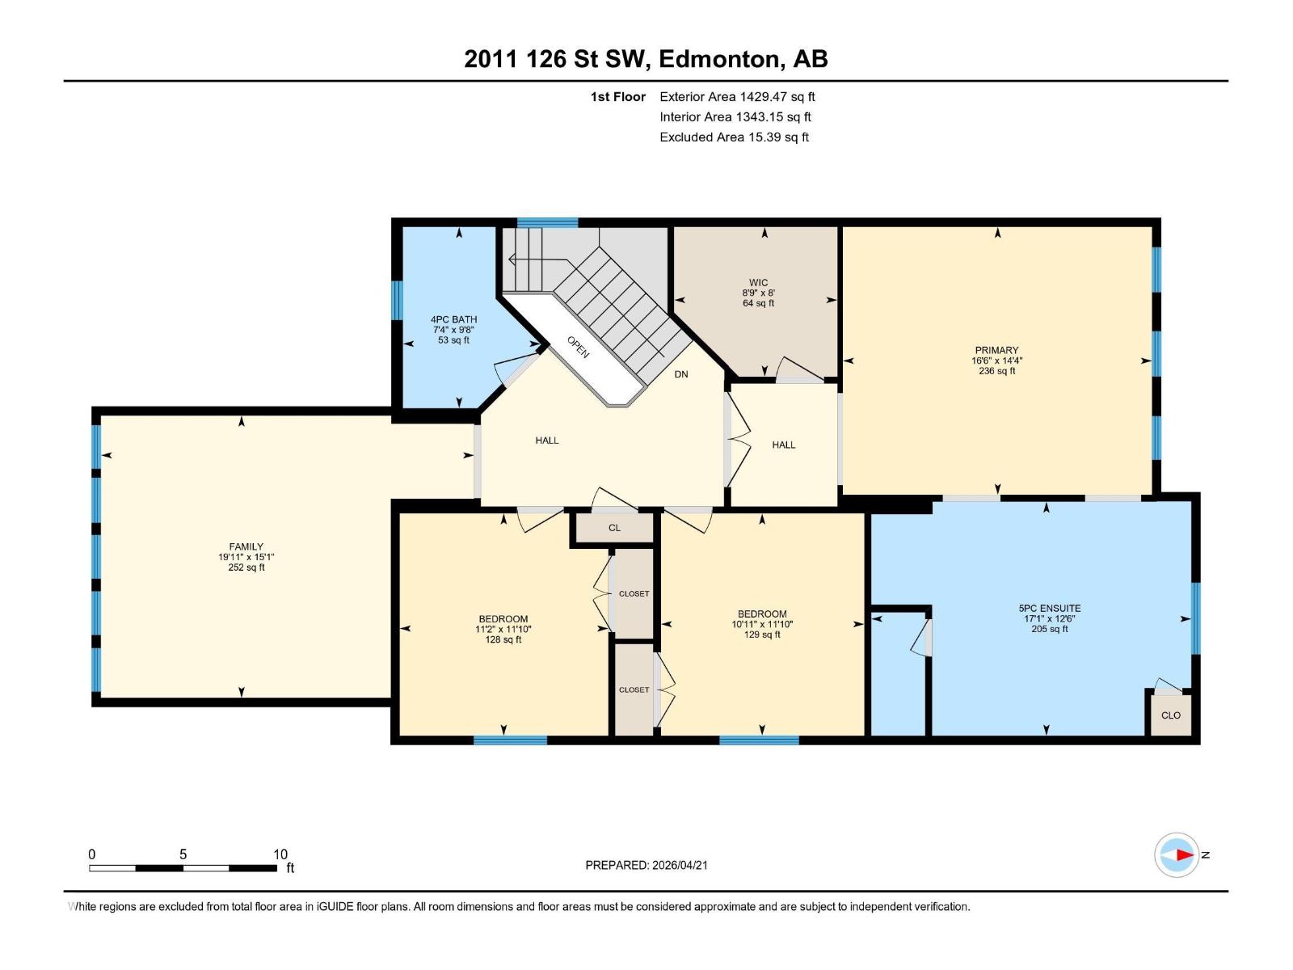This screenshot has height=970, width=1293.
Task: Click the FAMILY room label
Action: point(246,546)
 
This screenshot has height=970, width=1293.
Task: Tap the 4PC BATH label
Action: point(453,319)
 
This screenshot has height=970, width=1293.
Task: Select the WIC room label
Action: point(758,283)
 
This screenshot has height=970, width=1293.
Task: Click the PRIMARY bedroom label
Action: point(996,351)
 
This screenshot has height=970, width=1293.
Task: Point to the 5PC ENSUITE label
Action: point(1049,608)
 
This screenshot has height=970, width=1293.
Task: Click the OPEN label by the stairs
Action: point(578,347)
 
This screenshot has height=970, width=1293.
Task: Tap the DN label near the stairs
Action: point(681,374)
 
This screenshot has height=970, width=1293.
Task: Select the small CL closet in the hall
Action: point(614,528)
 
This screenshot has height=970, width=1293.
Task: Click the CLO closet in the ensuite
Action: point(1170,715)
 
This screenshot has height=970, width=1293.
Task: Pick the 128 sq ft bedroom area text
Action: point(503,640)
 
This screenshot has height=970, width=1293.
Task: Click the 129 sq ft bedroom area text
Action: point(762,635)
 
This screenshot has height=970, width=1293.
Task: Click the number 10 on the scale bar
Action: point(280,854)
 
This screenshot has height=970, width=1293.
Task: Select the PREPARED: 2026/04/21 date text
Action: point(646,865)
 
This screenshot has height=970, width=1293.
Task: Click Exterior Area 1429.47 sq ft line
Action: point(737,96)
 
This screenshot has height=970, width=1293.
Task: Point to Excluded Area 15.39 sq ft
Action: point(734,137)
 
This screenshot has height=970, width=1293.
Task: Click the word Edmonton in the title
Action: point(720,59)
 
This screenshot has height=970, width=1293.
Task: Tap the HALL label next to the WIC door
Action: point(783,445)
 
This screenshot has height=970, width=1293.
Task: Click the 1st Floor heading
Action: point(617,96)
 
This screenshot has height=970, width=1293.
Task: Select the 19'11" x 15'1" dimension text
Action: point(246,557)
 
